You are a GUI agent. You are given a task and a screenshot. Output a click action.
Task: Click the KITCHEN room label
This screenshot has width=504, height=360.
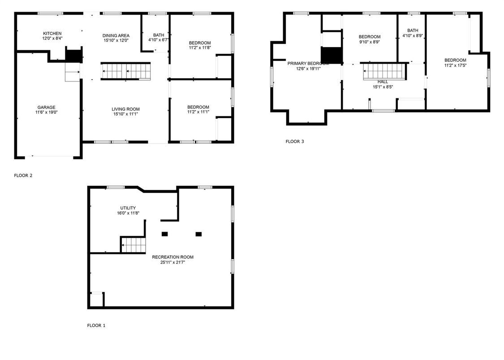point(52,34)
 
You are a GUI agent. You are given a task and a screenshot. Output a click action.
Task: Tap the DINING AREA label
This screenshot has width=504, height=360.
point(116,36)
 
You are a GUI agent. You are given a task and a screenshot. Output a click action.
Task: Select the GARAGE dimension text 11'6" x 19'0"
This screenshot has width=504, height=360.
point(46,112)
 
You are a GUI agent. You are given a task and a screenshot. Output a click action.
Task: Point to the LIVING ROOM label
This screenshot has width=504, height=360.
point(126,109)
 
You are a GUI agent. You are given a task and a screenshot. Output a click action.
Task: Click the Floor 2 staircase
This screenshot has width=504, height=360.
point(126,71)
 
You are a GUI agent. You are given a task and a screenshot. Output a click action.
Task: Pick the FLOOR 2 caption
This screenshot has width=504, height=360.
point(23,176)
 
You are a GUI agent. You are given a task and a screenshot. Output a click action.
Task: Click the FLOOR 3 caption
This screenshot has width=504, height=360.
point(295,141)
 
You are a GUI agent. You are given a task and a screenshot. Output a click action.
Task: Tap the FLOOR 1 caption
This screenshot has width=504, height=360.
point(96,326)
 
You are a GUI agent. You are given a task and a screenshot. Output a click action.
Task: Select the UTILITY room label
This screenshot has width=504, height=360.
point(128,208)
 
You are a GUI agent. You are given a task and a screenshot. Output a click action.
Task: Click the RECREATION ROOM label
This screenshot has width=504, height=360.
point(172,257)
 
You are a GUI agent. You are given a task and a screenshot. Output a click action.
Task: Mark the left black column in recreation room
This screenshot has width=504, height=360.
point(164,234)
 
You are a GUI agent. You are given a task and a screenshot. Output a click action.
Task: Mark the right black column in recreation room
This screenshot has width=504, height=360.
point(198,234)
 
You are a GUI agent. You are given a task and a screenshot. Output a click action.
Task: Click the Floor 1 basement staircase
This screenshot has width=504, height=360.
point(134,245)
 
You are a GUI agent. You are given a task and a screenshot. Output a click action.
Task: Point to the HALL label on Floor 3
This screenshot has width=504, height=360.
point(383,82)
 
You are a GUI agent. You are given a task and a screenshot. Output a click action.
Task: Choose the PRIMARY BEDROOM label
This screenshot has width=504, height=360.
point(308,64)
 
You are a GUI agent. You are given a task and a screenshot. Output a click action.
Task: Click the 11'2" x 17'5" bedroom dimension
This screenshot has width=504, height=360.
point(455,65)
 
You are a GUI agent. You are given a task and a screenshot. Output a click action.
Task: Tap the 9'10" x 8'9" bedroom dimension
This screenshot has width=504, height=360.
point(370,42)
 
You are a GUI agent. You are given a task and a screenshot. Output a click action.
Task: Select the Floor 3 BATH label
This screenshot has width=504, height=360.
point(413,30)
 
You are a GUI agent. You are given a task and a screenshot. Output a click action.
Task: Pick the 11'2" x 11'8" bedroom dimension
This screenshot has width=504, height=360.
point(200,48)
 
